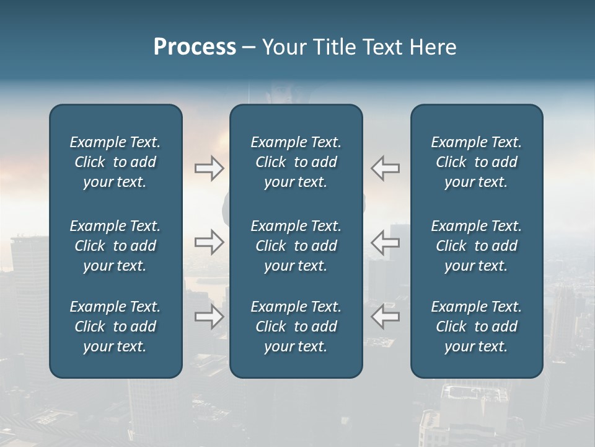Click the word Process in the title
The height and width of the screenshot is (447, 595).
(x=195, y=47)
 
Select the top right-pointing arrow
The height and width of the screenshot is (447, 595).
(x=209, y=168)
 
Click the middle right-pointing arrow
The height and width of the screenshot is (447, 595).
(x=209, y=242)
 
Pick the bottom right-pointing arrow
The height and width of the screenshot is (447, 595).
(x=209, y=317)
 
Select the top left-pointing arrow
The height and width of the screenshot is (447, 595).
(x=386, y=168)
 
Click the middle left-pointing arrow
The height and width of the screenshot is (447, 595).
(x=386, y=242)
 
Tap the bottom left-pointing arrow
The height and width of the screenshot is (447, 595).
(x=386, y=317)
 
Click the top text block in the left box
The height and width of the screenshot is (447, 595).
(x=115, y=162)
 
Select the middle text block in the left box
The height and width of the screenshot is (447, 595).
(x=115, y=246)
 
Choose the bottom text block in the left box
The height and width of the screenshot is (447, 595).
(x=115, y=327)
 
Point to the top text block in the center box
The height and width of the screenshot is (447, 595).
(x=296, y=162)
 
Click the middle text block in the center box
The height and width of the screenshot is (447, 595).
(x=296, y=246)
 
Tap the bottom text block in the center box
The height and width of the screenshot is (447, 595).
(x=296, y=327)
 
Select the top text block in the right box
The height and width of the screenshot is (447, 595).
(x=477, y=162)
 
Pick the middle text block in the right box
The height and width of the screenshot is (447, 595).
(x=477, y=246)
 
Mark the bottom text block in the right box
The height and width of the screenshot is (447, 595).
(x=477, y=327)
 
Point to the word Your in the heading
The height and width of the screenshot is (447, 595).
(x=283, y=47)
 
